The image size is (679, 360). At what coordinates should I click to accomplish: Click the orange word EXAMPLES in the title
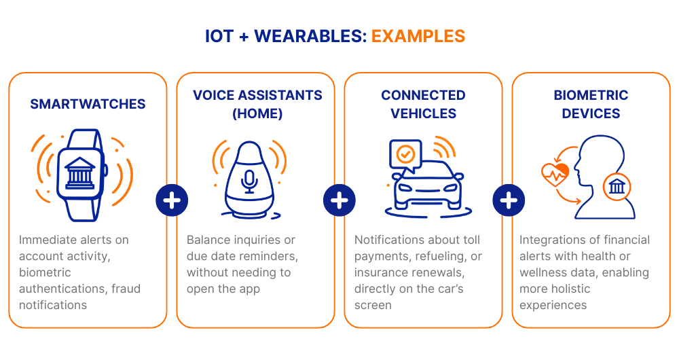click(x=418, y=36)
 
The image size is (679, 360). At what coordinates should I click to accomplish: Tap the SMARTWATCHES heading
click(x=88, y=104)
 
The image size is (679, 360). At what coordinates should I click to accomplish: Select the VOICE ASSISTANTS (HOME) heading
click(x=257, y=104)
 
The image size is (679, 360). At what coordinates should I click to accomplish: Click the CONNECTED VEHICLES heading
click(x=423, y=104)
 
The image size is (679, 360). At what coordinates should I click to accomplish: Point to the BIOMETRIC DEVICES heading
click(x=591, y=104)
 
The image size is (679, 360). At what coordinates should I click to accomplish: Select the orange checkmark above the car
click(x=405, y=154)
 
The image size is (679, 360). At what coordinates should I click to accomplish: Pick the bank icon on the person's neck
click(x=617, y=185)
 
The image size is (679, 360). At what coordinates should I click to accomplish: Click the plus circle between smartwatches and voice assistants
click(x=172, y=200)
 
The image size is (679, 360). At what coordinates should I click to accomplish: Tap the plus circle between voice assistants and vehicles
click(x=339, y=200)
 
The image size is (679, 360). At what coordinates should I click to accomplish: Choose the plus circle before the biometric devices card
click(x=507, y=200)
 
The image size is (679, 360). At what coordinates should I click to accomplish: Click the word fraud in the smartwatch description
click(x=126, y=289)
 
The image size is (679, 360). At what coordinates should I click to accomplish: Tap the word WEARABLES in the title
click(x=310, y=36)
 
